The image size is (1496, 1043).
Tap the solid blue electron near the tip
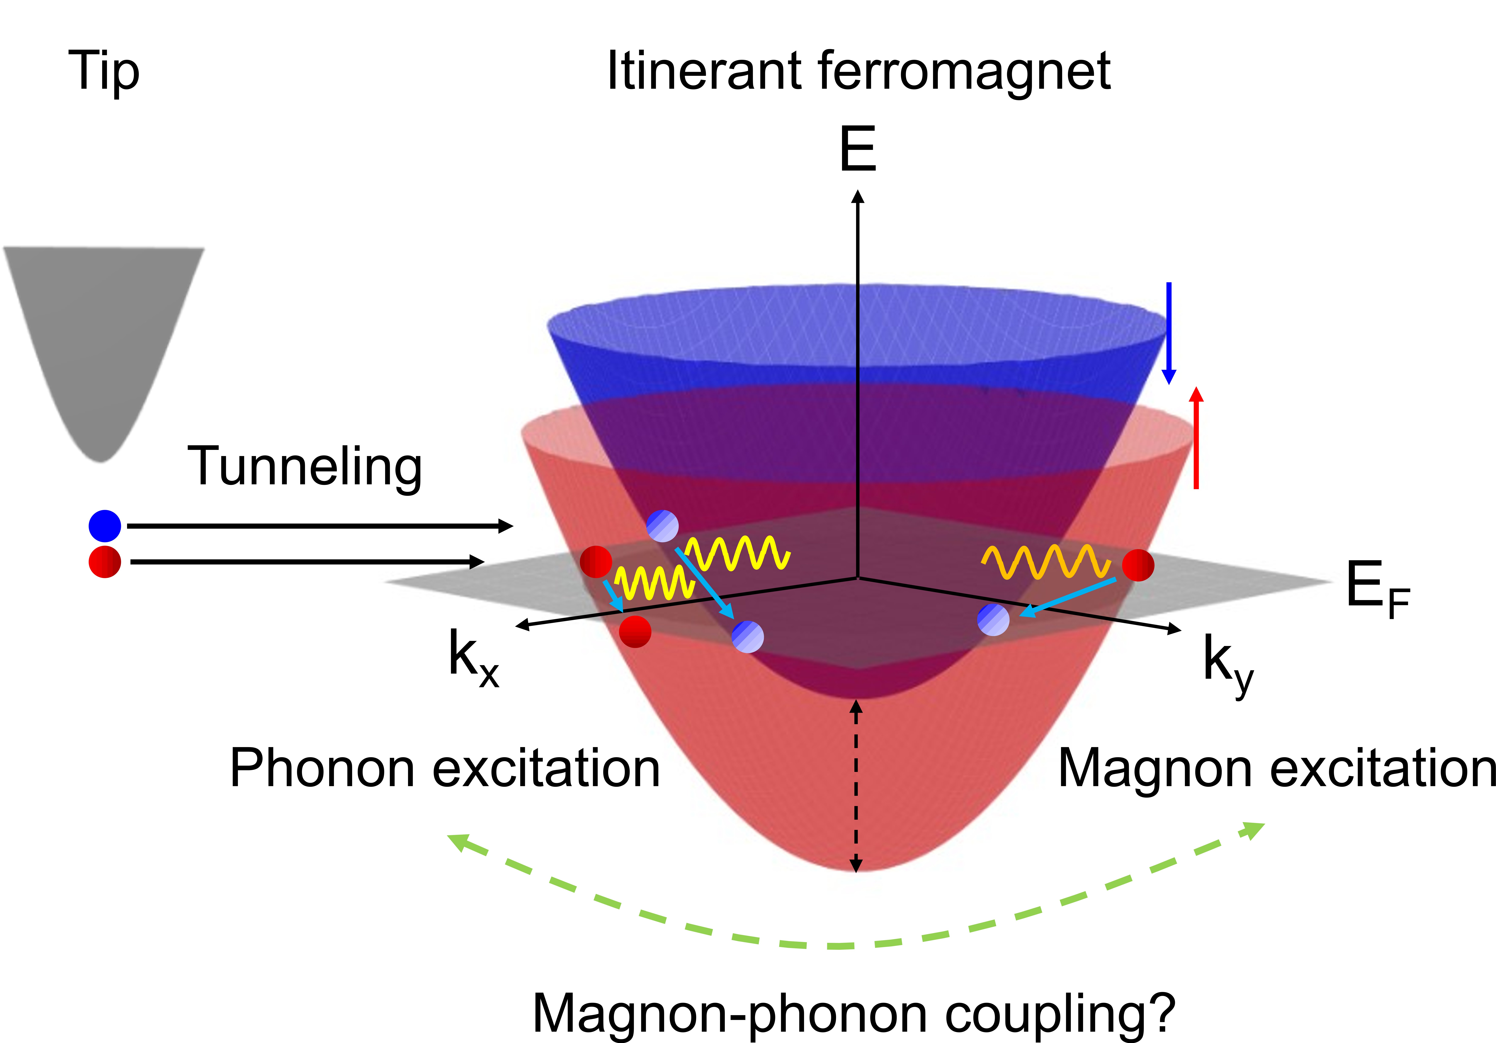tap(105, 526)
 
